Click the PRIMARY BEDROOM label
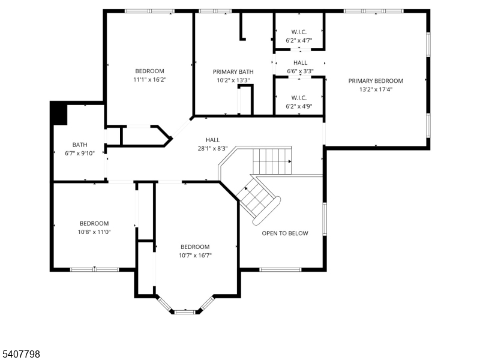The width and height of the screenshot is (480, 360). coord(376,80)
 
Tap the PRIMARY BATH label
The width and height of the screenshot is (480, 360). coord(233,71)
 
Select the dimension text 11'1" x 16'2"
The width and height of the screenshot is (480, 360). coord(149,79)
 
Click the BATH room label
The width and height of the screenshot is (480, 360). coord(80,145)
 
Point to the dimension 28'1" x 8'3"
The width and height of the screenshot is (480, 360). coord(212,148)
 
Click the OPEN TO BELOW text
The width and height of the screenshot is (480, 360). coord(284,233)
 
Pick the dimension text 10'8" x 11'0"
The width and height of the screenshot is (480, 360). coord(94,232)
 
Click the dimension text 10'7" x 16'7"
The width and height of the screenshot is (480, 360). coord(195,255)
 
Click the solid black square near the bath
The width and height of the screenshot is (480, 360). coord(59,113)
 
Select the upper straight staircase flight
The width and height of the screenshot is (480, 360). coord(271,160)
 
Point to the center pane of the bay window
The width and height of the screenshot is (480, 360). coord(185,311)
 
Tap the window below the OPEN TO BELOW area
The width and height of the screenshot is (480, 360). coord(280,269)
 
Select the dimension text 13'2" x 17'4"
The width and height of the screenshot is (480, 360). coord(376,89)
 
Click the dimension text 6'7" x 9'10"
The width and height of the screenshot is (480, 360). coord(80,153)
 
